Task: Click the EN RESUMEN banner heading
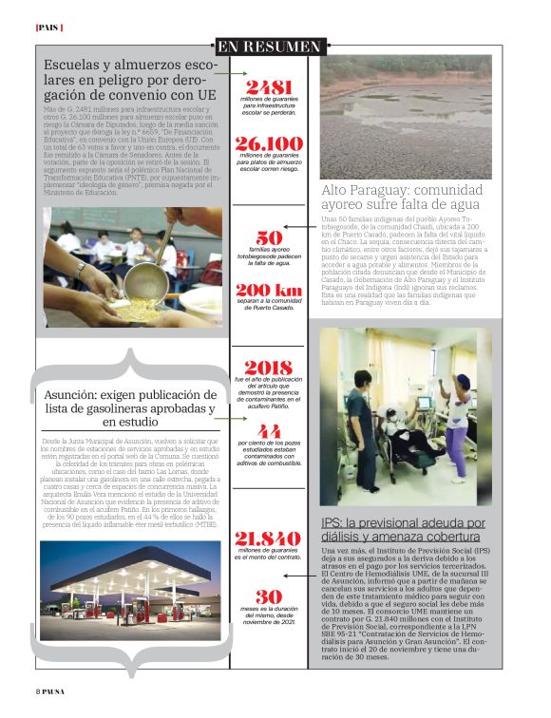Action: [269, 47]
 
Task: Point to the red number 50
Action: [269, 237]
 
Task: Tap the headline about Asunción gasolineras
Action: [130, 408]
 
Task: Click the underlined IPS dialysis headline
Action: [403, 530]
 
